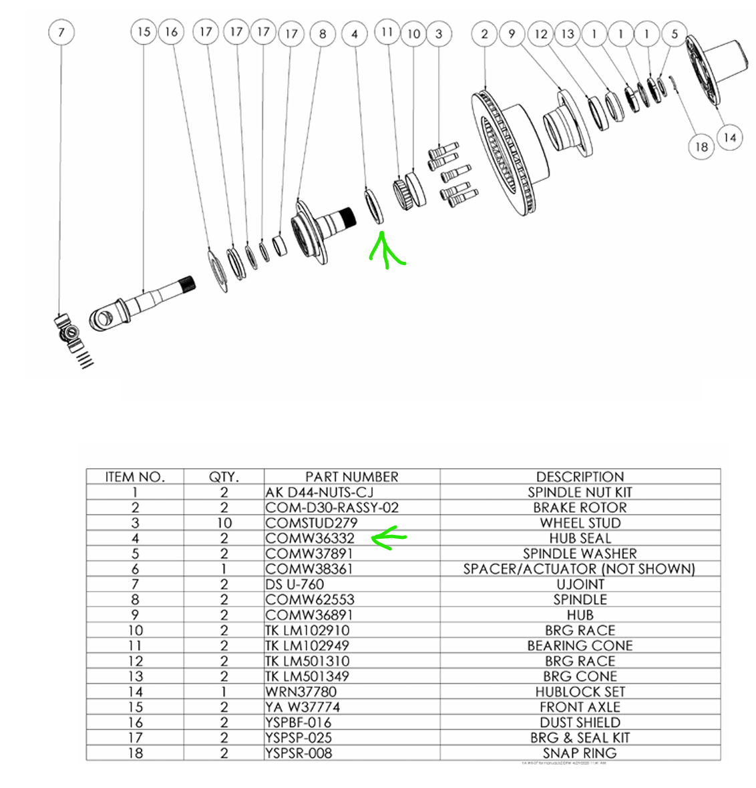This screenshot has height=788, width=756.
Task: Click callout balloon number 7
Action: [61, 32]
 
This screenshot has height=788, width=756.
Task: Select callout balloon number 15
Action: [144, 31]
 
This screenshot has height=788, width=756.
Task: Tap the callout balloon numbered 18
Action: [701, 146]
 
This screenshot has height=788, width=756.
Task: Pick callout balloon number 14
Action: [729, 138]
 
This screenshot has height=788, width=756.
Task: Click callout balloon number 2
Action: [484, 33]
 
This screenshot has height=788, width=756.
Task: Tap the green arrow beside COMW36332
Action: [387, 538]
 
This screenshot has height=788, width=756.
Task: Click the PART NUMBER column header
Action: [351, 477]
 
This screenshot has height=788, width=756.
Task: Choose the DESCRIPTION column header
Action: [580, 477]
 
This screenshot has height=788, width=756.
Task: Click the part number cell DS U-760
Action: [295, 584]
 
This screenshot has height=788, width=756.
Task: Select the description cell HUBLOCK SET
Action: [580, 692]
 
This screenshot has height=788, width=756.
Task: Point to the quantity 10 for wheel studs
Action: [224, 523]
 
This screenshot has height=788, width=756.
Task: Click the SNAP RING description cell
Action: [580, 753]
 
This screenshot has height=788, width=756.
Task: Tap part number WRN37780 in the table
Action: [301, 692]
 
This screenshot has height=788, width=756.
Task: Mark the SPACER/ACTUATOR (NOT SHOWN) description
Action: [580, 569]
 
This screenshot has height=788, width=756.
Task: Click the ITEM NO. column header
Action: [135, 477]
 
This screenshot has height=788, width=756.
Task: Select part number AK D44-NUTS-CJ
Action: [319, 492]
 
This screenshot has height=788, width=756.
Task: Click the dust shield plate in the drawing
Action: [217, 270]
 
